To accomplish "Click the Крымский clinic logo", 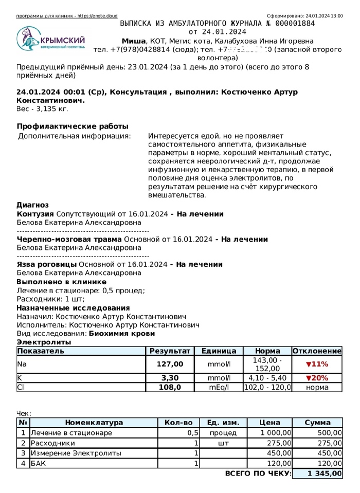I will coord(50,39).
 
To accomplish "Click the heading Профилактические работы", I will coord(73,126).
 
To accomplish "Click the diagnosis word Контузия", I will coord(35,214).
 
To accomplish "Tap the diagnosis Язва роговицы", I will coord(46,264).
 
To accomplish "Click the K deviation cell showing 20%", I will coord(317,378).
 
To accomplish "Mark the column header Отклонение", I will coord(317,351).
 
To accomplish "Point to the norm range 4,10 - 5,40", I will coord(267,378).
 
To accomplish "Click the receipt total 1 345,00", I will coord(324,473).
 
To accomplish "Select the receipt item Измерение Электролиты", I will coord(76,453).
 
